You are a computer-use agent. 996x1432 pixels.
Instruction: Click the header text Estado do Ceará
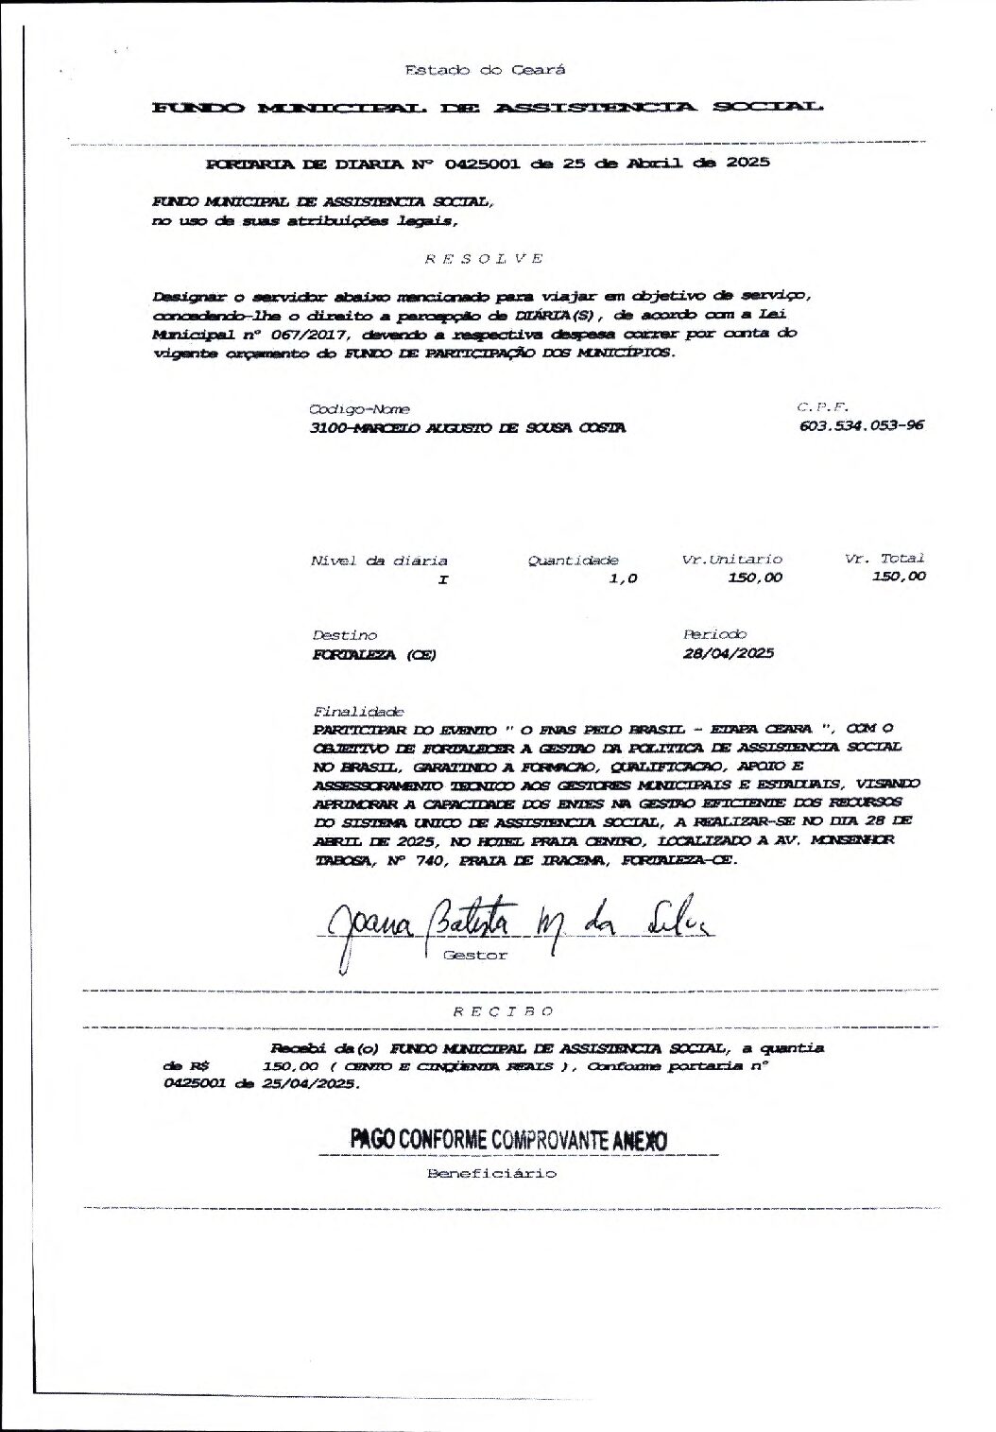tap(485, 69)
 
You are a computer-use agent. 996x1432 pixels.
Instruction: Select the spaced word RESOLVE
tap(483, 257)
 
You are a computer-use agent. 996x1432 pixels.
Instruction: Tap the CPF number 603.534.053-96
tap(861, 425)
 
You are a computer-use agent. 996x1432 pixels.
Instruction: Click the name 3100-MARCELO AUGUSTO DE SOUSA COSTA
tap(467, 427)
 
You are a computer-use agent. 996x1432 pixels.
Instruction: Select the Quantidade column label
tap(573, 561)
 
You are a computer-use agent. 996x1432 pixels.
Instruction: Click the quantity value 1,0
tap(624, 578)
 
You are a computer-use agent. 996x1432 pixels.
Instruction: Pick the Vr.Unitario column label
tap(732, 560)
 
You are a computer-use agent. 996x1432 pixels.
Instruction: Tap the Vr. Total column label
tap(884, 559)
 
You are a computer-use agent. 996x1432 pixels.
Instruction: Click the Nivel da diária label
tap(379, 561)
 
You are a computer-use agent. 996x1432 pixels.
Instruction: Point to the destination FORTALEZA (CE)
tap(374, 654)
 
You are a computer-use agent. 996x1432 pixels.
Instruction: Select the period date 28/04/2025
tap(729, 653)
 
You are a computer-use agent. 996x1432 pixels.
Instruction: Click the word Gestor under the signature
tap(475, 955)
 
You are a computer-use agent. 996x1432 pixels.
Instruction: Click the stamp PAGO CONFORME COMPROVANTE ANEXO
tap(508, 1140)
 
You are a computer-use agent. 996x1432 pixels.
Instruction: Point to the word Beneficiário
tap(492, 1174)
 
